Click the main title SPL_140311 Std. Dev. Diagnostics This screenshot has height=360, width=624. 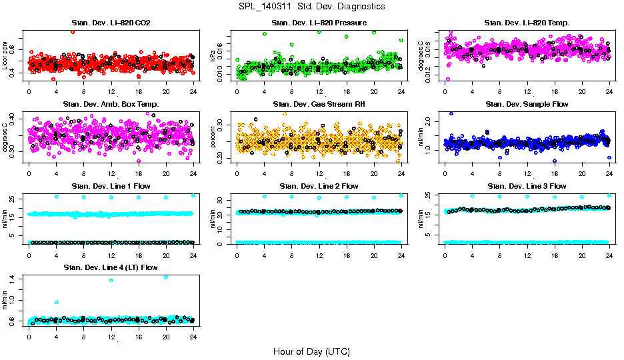tap(311, 6)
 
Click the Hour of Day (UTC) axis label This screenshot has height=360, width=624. tap(311, 351)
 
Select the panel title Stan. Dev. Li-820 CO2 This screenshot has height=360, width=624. tap(111, 23)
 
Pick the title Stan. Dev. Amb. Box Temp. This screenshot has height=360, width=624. tap(111, 105)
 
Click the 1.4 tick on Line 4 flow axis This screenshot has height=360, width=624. tap(14, 279)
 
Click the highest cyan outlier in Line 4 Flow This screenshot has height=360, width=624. tap(166, 277)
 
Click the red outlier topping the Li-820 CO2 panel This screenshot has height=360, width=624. tap(73, 32)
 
